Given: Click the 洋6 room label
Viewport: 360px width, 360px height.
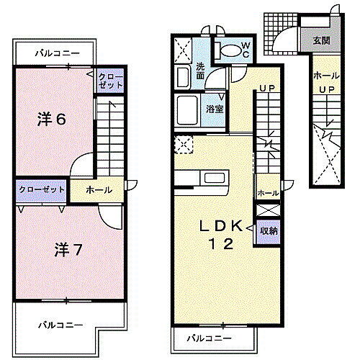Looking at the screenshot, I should tap(52, 120).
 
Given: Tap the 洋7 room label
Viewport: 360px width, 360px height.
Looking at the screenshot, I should tap(67, 250).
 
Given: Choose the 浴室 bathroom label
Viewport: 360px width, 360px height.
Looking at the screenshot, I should tap(215, 109).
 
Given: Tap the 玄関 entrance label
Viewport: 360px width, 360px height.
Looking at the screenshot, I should tap(321, 40).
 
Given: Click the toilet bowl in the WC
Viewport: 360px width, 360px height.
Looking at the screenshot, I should tap(229, 50).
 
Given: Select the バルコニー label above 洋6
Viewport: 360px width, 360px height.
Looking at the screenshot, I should tap(55, 53).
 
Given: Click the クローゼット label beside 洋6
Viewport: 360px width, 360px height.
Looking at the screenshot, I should tap(111, 81).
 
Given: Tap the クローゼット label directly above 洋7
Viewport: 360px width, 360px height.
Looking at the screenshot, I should tap(42, 189).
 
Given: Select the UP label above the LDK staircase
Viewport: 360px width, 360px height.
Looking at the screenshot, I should tap(268, 89).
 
